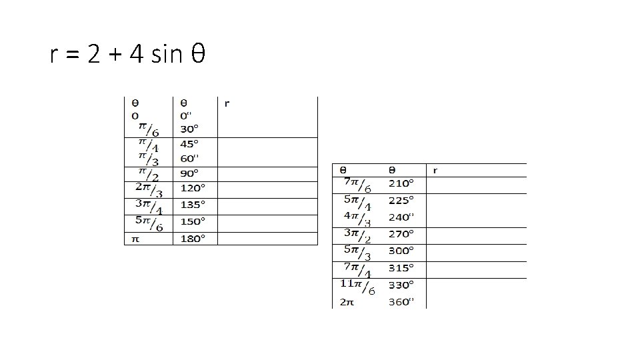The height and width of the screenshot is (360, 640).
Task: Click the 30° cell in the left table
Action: tap(189, 129)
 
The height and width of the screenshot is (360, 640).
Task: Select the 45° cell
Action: tap(189, 143)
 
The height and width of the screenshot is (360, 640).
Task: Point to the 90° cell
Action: tap(189, 173)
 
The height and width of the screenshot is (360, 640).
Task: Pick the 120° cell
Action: tap(193, 189)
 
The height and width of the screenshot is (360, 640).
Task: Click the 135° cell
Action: tap(193, 205)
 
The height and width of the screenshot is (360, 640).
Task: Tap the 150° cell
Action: tap(193, 221)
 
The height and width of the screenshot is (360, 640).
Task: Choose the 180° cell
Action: tap(193, 238)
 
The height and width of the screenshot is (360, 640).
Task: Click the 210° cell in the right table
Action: tap(401, 183)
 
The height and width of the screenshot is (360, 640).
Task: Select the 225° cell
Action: tap(401, 199)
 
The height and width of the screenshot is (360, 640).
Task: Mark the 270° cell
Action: tap(401, 234)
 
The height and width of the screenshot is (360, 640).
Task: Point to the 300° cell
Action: tap(401, 251)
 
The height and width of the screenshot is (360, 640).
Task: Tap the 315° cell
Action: tap(401, 268)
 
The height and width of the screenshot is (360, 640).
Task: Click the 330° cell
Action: tap(401, 285)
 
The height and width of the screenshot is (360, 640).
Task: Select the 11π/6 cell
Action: tap(357, 287)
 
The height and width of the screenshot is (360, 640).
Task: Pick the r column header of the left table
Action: tap(227, 103)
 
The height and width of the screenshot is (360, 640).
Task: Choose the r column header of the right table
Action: tap(435, 170)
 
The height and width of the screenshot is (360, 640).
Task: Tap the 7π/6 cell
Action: tap(358, 184)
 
